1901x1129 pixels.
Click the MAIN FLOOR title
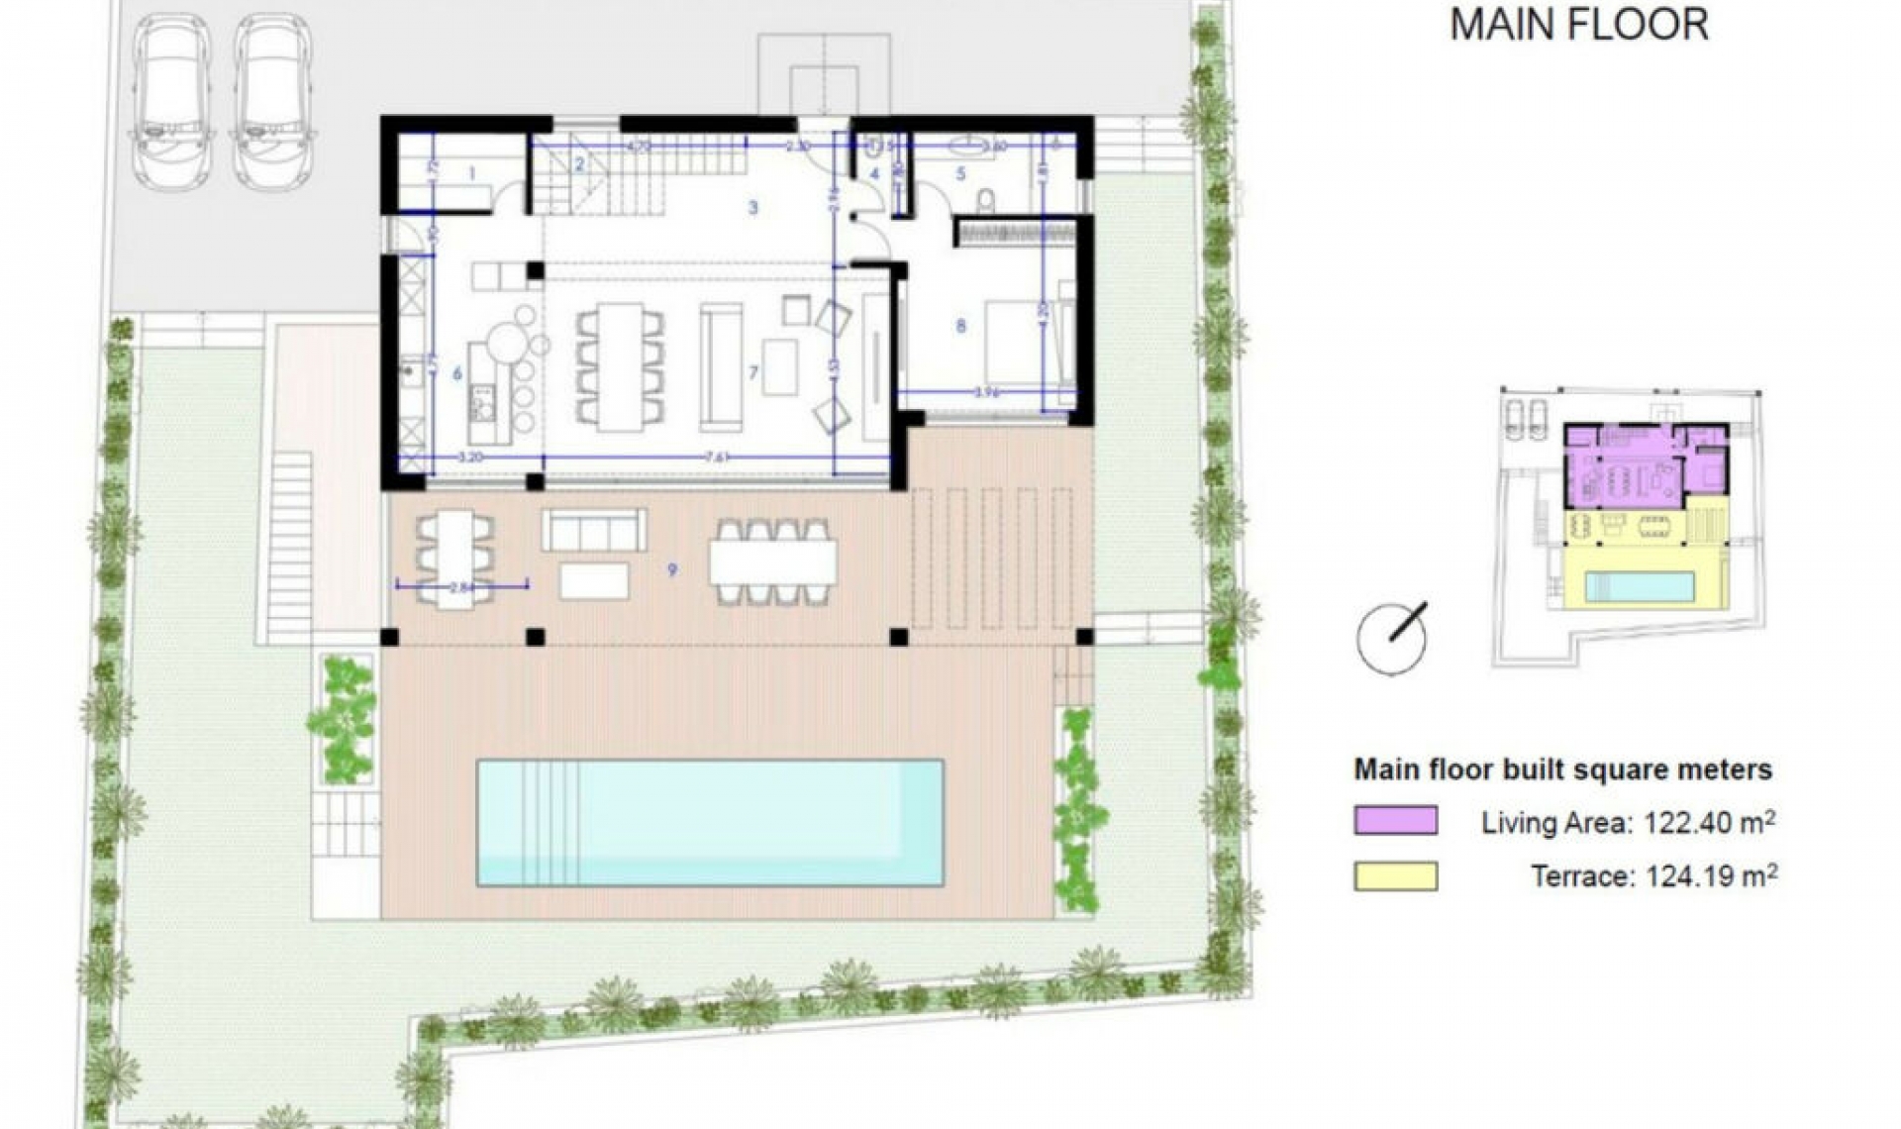tap(1579, 25)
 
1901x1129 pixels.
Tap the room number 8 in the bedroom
tap(960, 326)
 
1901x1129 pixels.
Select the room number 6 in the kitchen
tap(456, 373)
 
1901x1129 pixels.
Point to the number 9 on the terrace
tap(672, 569)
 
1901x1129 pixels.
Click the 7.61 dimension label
tap(717, 458)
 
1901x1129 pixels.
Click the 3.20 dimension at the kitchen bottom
tap(470, 458)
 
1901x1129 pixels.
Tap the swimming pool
tap(710, 822)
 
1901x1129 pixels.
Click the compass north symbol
tap(1392, 637)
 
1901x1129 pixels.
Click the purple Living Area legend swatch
tap(1395, 821)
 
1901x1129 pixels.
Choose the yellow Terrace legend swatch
tap(1395, 875)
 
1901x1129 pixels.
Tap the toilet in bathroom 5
tap(985, 201)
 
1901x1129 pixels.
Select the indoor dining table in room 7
tap(620, 366)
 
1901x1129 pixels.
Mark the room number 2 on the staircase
tap(581, 164)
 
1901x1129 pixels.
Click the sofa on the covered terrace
tap(593, 531)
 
